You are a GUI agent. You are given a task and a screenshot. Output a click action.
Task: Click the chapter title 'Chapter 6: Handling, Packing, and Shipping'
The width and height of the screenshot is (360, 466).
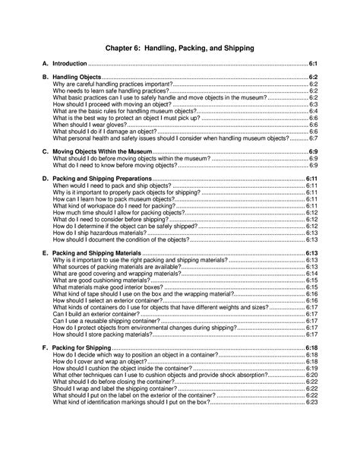coord(179,48)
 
